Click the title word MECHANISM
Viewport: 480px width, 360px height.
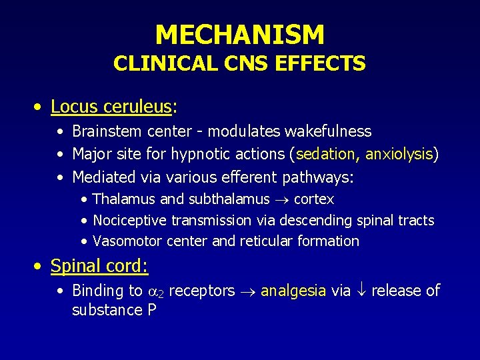239,34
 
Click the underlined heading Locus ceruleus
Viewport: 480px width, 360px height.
111,107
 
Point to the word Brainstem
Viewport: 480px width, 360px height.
103,131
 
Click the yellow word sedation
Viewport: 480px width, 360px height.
325,154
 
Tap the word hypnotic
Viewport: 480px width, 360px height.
201,154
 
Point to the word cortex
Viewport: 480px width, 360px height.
313,199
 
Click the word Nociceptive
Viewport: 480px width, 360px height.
130,220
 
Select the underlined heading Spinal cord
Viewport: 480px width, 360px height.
99,267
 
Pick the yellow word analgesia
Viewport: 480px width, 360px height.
293,291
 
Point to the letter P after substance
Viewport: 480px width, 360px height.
151,310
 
